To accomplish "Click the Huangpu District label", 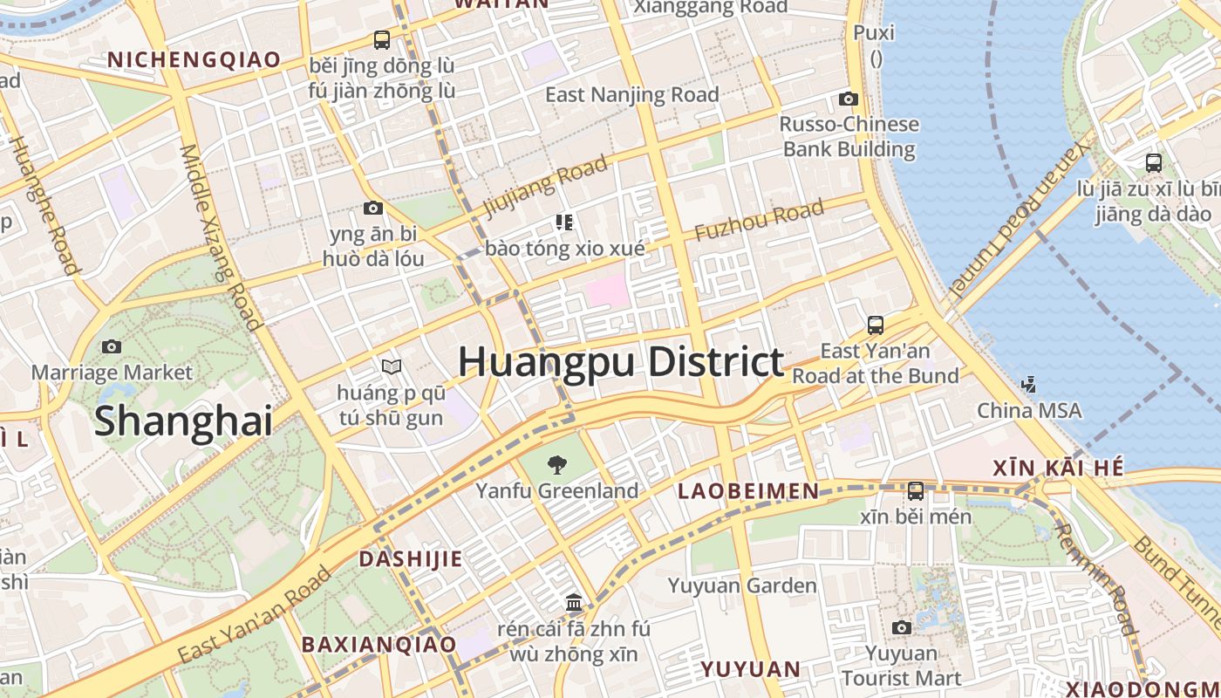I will [620, 362].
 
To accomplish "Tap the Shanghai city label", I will [183, 421].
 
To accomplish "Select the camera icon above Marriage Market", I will [112, 346].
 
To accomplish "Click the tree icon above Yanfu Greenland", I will [556, 464].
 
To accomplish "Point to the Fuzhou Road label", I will [759, 221].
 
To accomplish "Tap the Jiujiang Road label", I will [544, 185].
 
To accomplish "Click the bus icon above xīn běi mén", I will [916, 490].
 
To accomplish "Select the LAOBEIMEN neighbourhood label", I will [748, 491].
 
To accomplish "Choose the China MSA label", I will [1029, 410].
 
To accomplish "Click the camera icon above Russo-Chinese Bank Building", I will [849, 99].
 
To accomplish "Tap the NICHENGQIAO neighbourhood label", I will [194, 59].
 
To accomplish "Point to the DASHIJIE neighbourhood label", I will [411, 558].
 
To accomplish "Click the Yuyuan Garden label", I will [742, 585].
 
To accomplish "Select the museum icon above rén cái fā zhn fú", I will [574, 602].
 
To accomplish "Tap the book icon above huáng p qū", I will [391, 366].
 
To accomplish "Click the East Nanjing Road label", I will [632, 94].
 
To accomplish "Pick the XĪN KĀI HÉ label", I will [1058, 469].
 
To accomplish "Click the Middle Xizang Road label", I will [222, 237].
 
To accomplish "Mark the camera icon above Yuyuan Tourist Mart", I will [902, 627].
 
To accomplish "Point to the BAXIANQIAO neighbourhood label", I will [379, 645].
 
